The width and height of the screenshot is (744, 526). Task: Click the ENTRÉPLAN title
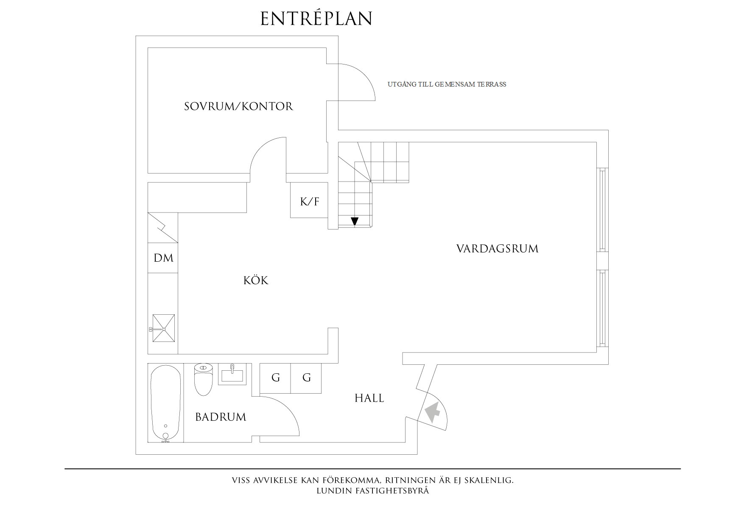point(316,19)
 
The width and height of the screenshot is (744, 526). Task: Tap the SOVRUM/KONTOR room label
point(238,106)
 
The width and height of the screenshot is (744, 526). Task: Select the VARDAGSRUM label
point(497,249)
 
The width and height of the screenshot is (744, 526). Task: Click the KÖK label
point(256,280)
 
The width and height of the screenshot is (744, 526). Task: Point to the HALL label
point(369,398)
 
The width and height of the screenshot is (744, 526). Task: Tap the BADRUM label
point(221,417)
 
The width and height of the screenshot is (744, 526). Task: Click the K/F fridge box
point(309,201)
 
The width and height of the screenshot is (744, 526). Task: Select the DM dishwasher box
point(163,258)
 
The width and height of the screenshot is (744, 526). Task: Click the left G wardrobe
point(275,378)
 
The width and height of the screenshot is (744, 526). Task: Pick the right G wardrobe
point(306,378)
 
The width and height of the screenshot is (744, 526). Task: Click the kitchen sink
point(163,328)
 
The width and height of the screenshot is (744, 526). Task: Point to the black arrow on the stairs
point(355,221)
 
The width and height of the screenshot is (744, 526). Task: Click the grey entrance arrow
point(432,412)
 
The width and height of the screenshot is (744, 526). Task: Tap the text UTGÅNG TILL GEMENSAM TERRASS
point(447,84)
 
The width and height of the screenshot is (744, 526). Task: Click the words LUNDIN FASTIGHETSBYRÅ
point(372,491)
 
